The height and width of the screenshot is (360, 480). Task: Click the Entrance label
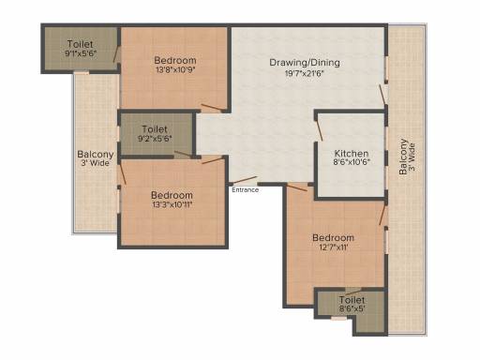coord(246,190)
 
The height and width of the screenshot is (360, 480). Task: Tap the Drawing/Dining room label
coord(305,63)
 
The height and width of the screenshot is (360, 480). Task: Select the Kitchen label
coord(352,154)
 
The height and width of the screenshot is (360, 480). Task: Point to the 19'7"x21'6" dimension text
coord(305,74)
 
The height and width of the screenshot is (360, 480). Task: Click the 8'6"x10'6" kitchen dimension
coord(352,162)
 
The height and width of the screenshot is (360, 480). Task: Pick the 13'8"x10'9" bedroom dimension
coord(175,69)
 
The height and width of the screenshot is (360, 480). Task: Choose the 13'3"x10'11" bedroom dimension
coord(172,205)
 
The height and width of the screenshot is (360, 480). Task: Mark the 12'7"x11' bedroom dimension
coord(333,247)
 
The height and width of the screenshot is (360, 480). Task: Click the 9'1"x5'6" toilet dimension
coord(81,53)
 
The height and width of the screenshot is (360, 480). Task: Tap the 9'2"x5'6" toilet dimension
coord(155,139)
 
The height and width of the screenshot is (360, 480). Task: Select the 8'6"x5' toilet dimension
coord(352,308)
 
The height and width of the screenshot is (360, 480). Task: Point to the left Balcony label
coord(96,155)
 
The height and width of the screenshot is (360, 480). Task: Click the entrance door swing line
coord(245,180)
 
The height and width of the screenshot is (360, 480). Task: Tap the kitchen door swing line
coord(319,129)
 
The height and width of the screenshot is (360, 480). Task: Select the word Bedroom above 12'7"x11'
coord(334,238)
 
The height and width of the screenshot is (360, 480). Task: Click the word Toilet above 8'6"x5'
coord(352,300)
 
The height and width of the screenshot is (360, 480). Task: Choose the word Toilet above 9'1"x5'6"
coord(81,44)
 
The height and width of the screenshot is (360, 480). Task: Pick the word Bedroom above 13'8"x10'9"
coord(175,60)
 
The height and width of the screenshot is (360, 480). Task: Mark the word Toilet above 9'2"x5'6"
coord(155,129)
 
